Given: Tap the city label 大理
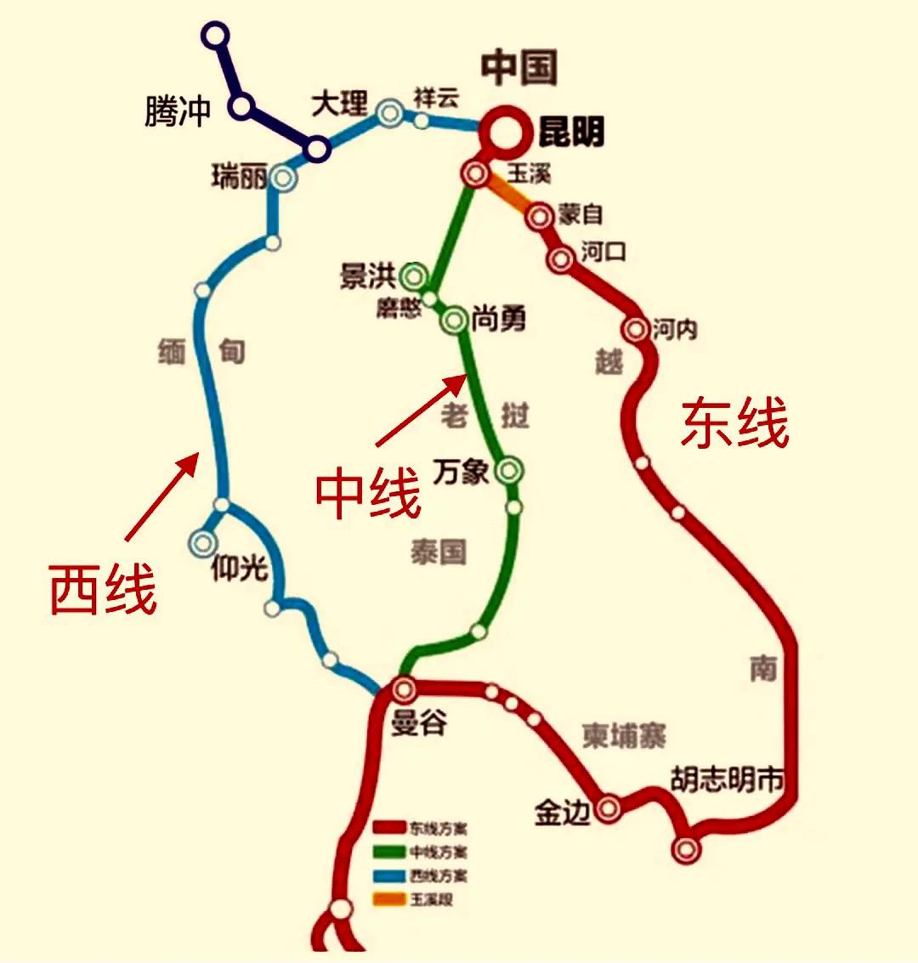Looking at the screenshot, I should coord(339,105).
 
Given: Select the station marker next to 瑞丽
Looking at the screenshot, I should coord(282,178).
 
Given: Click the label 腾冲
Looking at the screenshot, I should coord(177,111).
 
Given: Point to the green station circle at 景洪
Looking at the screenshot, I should coord(414,275).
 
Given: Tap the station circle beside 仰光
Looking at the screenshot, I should coord(203,541).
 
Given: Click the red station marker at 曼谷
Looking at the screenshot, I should coord(404,688).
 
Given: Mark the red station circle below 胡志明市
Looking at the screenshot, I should coord(686,847).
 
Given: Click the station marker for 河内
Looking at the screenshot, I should coord(635,329).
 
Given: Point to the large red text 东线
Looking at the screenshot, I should coord(734,422).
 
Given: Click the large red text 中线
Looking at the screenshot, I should coord(368,495).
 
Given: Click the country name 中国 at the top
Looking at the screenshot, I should coord(519,68).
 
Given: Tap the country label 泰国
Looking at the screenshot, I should coord(439,552).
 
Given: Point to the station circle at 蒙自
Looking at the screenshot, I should coord(539,217).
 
